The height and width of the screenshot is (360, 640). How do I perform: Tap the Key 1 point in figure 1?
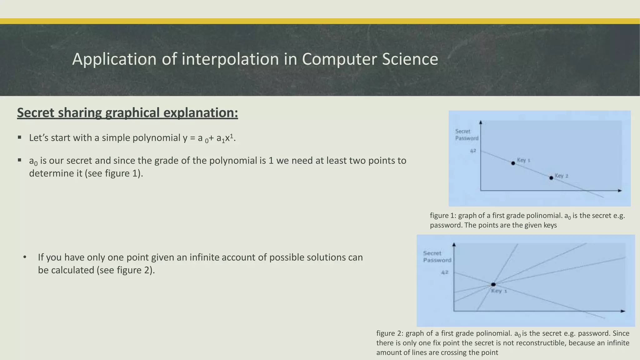pos(513,163)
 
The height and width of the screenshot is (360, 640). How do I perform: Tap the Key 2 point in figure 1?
pos(551,178)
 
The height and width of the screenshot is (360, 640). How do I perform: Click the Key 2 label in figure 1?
pos(562,176)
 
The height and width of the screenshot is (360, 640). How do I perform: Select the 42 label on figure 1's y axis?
pos(473,151)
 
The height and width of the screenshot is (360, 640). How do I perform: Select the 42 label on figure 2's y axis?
pos(445,272)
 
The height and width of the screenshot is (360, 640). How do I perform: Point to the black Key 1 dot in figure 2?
pos(493,284)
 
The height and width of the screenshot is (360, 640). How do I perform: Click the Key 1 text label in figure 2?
pos(499,291)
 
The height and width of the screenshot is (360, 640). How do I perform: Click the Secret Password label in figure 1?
pos(466,135)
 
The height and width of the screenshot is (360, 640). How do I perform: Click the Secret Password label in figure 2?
pos(437,257)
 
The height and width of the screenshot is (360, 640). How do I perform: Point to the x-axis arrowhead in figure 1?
pos(620,190)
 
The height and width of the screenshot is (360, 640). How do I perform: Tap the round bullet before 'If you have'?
pos(25,257)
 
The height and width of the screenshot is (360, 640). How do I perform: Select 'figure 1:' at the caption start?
pos(443,216)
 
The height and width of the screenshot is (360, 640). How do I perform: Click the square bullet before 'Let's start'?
pos(20,137)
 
